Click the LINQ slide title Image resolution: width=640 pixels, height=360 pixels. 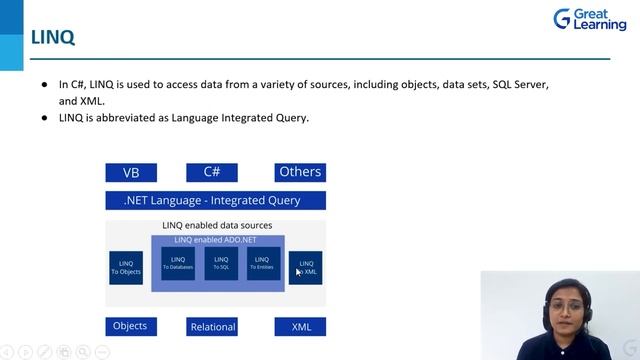tap(52, 38)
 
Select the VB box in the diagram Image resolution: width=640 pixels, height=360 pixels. tap(131, 172)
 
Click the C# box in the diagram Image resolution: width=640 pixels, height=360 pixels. tap(212, 172)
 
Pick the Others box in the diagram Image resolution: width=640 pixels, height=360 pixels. tap(300, 172)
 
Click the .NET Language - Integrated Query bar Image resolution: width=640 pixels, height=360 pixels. tap(216, 200)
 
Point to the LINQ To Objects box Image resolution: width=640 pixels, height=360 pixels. tap(126, 268)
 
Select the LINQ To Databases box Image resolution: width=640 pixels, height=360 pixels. tap(178, 263)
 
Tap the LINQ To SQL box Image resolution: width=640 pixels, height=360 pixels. tap(221, 263)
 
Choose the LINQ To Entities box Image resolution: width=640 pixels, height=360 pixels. tap(263, 263)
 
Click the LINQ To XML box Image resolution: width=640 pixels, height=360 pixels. tap(306, 267)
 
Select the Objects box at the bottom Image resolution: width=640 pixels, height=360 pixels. tap(130, 326)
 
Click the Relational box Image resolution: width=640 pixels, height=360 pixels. tap(212, 327)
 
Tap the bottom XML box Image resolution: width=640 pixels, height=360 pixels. tap(301, 327)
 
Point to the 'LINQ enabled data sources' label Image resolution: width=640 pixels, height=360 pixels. tap(217, 226)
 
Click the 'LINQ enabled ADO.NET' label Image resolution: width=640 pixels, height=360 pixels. tap(217, 240)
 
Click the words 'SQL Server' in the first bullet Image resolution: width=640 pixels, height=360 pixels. tap(520, 85)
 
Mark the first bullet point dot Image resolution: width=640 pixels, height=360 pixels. tap(44, 85)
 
